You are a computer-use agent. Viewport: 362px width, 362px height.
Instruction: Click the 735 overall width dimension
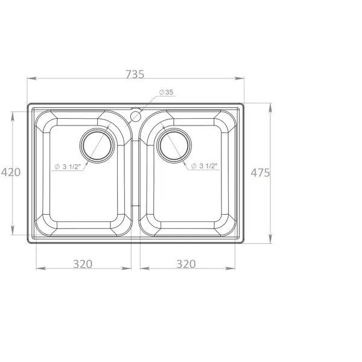point(135,74)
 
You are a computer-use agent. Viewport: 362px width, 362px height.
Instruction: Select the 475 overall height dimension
point(260,173)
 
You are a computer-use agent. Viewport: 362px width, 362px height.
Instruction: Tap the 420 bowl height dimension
point(11,172)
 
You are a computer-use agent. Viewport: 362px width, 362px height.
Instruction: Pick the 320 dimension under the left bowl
point(83,264)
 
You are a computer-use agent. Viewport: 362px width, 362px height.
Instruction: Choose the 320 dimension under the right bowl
point(186,264)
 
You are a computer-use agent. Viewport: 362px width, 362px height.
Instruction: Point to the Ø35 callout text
point(167,92)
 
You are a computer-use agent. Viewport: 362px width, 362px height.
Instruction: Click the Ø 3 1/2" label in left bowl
point(68,167)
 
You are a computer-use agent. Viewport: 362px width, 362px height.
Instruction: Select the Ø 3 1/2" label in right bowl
point(205,166)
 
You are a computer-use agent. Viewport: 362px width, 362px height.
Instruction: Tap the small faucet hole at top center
point(136,116)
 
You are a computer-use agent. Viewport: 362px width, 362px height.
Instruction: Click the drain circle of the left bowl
point(97,145)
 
